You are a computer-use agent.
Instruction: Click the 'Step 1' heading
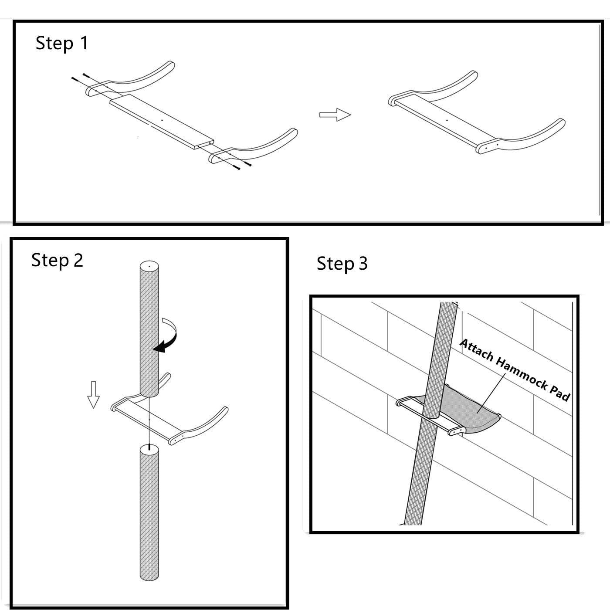(61, 43)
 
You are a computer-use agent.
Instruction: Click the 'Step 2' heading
(57, 261)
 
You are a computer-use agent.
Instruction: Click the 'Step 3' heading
(342, 264)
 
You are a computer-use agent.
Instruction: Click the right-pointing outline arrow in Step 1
(335, 115)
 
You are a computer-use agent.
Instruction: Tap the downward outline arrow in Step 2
(93, 394)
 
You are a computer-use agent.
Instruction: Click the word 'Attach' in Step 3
(477, 350)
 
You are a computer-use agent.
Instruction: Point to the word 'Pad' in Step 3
(560, 392)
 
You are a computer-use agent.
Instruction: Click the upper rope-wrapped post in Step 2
(149, 331)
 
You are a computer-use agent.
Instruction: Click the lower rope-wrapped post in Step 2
(149, 514)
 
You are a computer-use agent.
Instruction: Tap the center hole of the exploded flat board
(162, 120)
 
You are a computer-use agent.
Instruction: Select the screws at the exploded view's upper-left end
(80, 78)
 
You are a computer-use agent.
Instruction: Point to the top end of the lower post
(149, 449)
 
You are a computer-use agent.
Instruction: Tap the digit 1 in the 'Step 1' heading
(84, 43)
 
